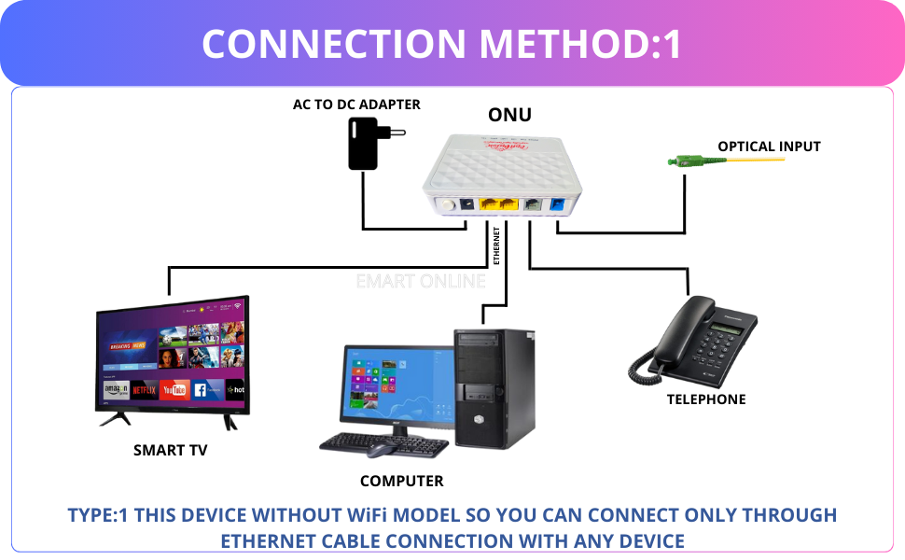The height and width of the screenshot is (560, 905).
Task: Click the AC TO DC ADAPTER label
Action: (356, 105)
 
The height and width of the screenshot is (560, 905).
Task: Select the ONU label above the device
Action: (509, 116)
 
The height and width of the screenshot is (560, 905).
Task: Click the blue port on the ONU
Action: (558, 206)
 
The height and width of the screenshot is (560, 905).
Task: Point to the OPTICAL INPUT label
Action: (769, 147)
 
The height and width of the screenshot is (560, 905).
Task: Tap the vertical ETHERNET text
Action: (496, 245)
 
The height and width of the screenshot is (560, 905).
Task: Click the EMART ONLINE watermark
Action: (421, 281)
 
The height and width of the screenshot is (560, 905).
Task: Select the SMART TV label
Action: (170, 450)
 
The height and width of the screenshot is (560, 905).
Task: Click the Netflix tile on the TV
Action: (143, 389)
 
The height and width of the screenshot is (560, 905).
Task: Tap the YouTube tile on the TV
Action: (174, 389)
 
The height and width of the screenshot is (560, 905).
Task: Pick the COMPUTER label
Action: (401, 482)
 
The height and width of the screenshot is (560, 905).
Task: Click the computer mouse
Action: (378, 451)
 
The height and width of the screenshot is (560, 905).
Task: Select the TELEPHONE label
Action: (706, 399)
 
